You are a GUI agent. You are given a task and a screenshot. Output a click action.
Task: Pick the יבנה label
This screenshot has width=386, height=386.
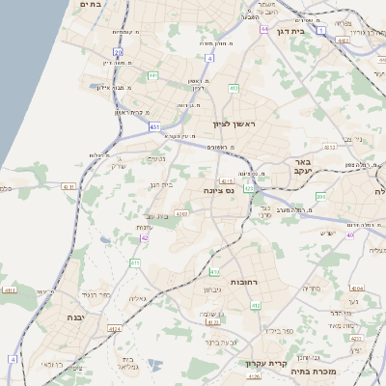tap(76, 317)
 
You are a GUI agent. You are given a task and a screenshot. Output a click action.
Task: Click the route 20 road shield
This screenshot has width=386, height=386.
tap(118, 52)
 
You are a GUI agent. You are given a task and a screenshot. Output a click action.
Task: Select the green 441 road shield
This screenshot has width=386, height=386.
tap(234, 89)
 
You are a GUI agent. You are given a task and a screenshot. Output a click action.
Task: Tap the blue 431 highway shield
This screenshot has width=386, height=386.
tap(154, 125)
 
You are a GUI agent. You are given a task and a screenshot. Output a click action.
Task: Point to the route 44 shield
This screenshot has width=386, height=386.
tap(152, 74)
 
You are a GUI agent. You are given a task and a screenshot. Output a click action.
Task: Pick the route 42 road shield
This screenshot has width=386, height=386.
tap(145, 237)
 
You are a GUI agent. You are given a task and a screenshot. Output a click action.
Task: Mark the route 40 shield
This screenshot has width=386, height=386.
tap(350, 234)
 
